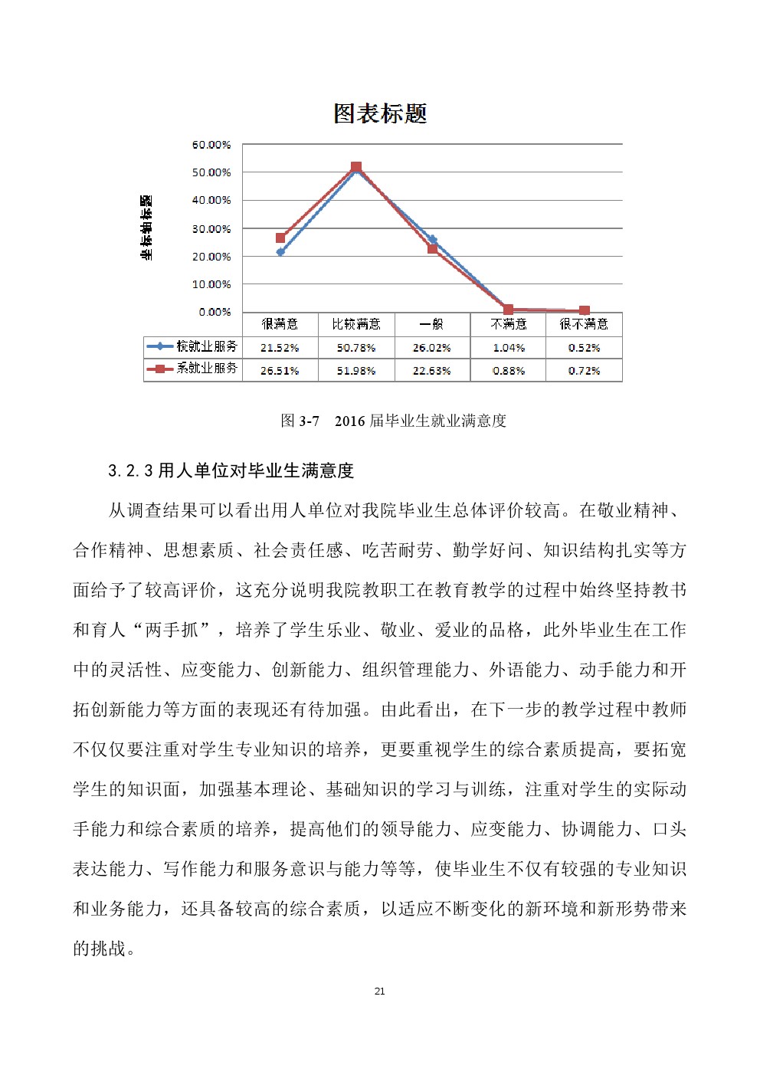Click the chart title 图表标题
coord(380,113)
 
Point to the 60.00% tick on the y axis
coord(211,145)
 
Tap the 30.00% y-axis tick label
coord(211,228)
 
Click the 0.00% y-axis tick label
coord(215,312)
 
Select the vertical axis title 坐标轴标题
coord(146,228)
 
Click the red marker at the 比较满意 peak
coord(356,167)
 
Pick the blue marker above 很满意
coord(280,251)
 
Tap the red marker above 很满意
coord(280,238)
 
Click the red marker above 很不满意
coord(585,310)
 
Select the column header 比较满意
coord(356,324)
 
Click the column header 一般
coord(432,324)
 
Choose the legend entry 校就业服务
coord(194,346)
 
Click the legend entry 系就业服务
coord(194,369)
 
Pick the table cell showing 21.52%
coord(280,348)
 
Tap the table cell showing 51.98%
coord(356,371)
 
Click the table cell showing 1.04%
coord(508,348)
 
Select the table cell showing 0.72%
coord(584,371)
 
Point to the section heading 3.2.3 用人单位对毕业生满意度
coord(231,470)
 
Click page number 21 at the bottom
coord(379,991)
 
